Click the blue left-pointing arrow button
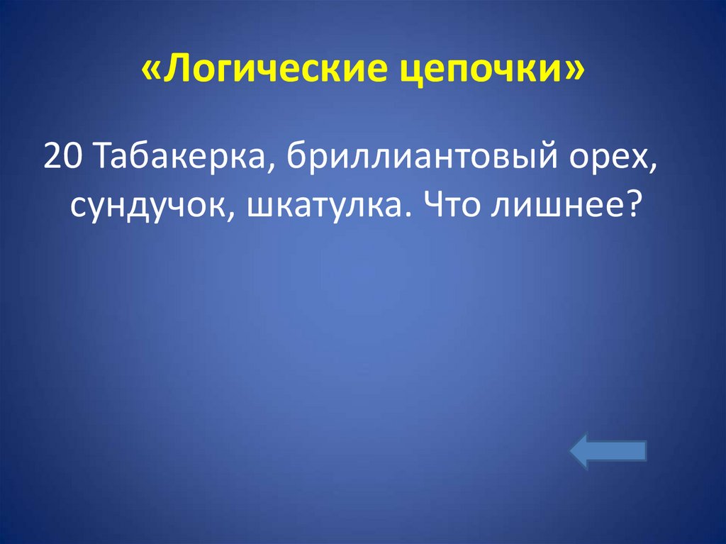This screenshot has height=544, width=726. (x=608, y=453)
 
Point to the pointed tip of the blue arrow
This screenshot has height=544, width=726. (x=574, y=453)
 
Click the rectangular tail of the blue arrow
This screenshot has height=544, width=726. (x=627, y=453)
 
